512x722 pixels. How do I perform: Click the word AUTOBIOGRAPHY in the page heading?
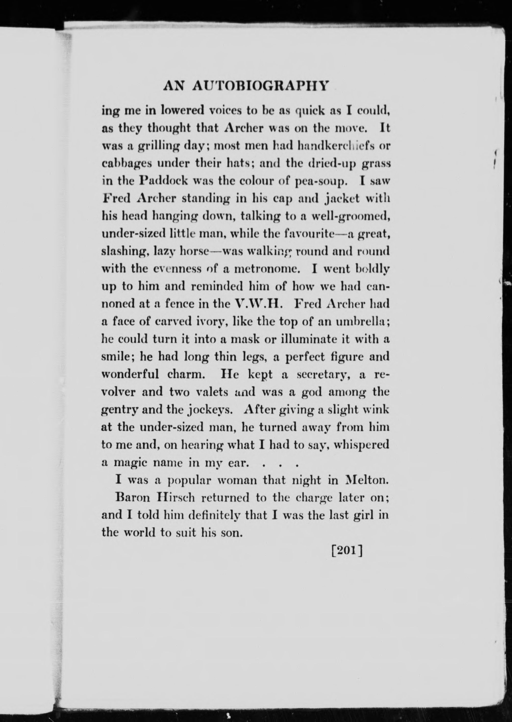[x=261, y=86]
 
